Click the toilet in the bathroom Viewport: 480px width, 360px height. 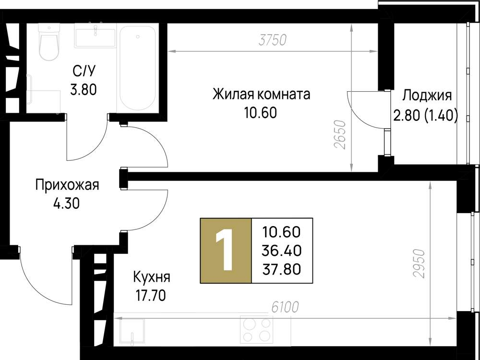48,43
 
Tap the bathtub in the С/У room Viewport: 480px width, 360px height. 138,68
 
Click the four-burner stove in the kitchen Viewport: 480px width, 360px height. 256,329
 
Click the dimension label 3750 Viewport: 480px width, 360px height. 272,40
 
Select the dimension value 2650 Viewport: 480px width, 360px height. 340,135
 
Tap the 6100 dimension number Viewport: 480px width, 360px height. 285,307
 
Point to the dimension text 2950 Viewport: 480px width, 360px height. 419,264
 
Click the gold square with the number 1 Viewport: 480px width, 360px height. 226,251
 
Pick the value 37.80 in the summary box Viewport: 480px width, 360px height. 281,269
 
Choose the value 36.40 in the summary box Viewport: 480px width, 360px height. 281,251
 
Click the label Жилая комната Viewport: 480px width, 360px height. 262,94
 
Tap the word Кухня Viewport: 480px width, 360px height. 151,277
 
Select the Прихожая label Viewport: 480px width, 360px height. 67,185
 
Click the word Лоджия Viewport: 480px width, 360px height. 426,96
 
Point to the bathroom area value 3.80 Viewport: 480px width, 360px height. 84,90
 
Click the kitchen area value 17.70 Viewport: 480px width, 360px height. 151,296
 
